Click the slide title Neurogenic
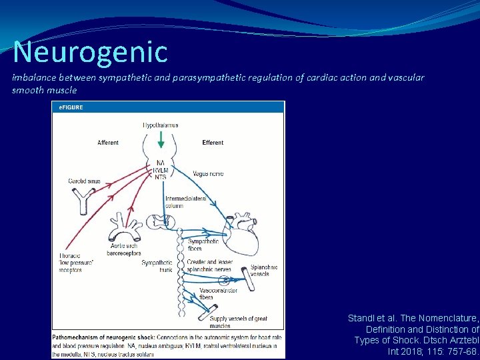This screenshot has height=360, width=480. [90, 52]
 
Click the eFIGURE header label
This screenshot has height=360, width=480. [69, 107]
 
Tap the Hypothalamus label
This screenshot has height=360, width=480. [161, 125]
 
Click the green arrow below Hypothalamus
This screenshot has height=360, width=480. [161, 140]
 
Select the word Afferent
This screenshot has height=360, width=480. [108, 143]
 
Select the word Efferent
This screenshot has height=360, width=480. [213, 143]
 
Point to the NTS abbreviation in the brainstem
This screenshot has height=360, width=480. [161, 177]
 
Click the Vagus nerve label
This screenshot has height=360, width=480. [207, 174]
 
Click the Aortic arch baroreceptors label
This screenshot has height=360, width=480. [124, 250]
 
